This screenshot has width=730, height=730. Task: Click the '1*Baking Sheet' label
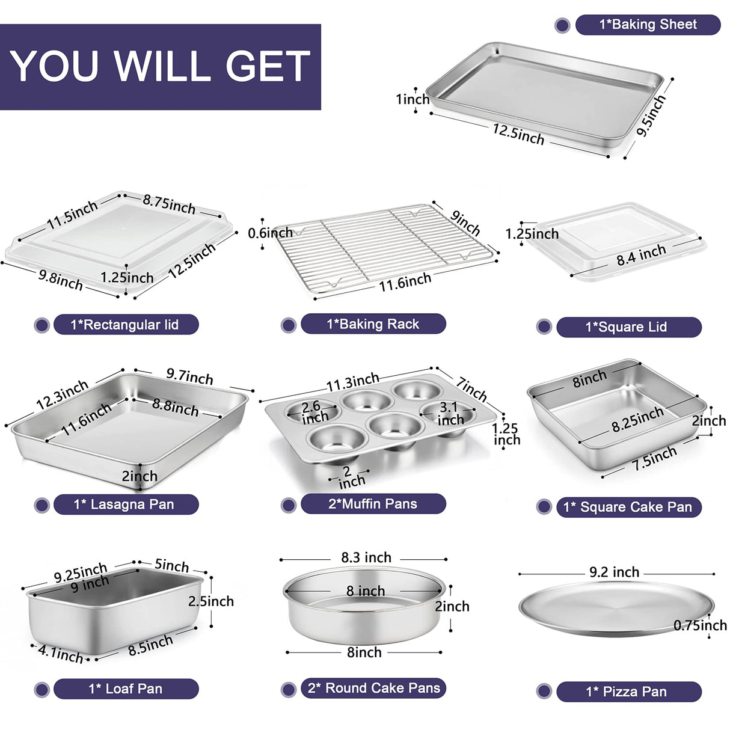648,25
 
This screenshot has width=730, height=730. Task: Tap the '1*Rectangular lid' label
125,325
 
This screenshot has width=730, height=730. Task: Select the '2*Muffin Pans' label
373,504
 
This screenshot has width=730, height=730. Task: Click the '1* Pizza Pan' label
627,692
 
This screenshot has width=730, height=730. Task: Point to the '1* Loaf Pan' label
126,689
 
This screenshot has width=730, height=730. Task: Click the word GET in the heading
268,66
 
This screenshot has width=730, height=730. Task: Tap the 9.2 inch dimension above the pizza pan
614,572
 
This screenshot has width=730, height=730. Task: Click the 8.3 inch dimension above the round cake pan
366,557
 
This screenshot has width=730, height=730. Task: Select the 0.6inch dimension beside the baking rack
270,233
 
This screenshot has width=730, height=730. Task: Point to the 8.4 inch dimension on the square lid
641,256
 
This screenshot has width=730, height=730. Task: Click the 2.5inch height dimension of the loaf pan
211,601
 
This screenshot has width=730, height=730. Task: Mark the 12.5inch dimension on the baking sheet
518,133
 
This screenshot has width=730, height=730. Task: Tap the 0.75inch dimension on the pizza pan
700,625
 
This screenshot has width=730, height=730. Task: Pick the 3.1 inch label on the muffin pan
450,414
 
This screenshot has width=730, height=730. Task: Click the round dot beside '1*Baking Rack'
289,325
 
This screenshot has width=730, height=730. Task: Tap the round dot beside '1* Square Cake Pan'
544,507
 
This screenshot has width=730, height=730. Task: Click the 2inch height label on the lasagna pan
140,476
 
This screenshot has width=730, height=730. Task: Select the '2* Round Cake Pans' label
373,688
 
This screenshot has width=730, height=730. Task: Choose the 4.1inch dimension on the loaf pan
61,653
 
